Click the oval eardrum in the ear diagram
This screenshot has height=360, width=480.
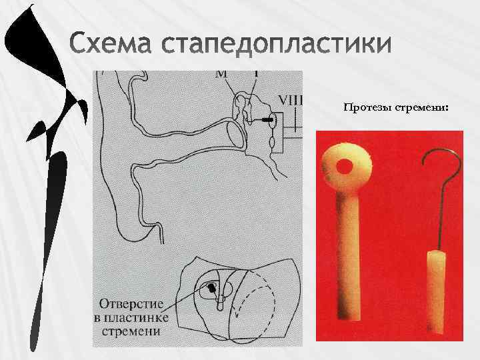point(235,133)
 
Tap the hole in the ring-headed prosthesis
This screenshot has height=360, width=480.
point(347,166)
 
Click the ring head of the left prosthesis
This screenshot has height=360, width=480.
point(346,166)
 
